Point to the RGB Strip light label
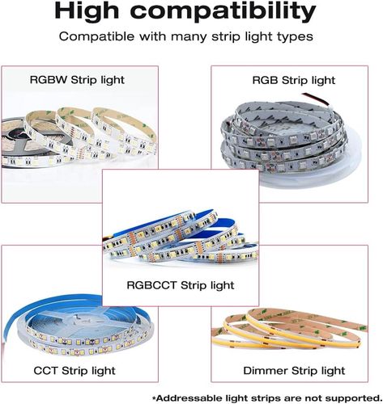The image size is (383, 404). [295, 80]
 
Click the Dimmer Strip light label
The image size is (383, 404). [287, 370]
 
